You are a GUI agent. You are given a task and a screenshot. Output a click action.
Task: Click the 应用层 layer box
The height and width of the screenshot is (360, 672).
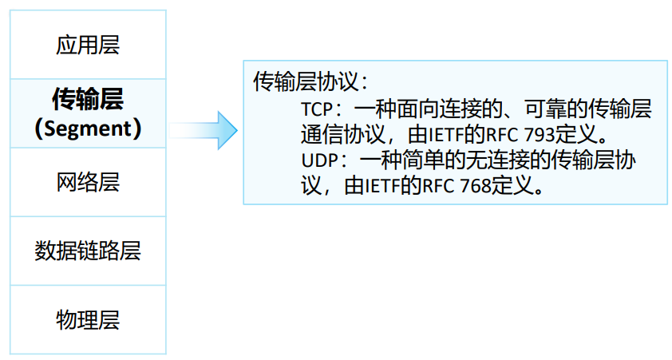88,44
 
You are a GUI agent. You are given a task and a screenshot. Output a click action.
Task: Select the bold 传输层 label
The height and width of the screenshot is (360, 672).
88,100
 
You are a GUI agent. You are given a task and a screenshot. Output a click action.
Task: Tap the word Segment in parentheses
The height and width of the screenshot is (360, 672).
89,128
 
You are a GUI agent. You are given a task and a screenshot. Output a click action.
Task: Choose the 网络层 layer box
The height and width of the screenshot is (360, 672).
88,182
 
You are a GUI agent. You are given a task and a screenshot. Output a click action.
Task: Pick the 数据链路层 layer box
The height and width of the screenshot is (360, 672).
88,251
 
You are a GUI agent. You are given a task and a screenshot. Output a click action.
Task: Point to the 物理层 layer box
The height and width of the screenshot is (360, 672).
88,320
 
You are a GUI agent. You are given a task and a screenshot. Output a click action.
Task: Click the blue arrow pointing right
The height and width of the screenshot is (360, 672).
204,130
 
